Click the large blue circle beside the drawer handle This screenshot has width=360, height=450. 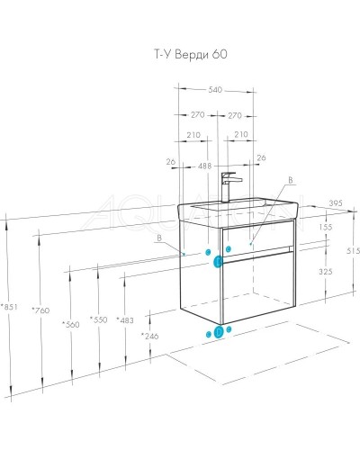219,262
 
